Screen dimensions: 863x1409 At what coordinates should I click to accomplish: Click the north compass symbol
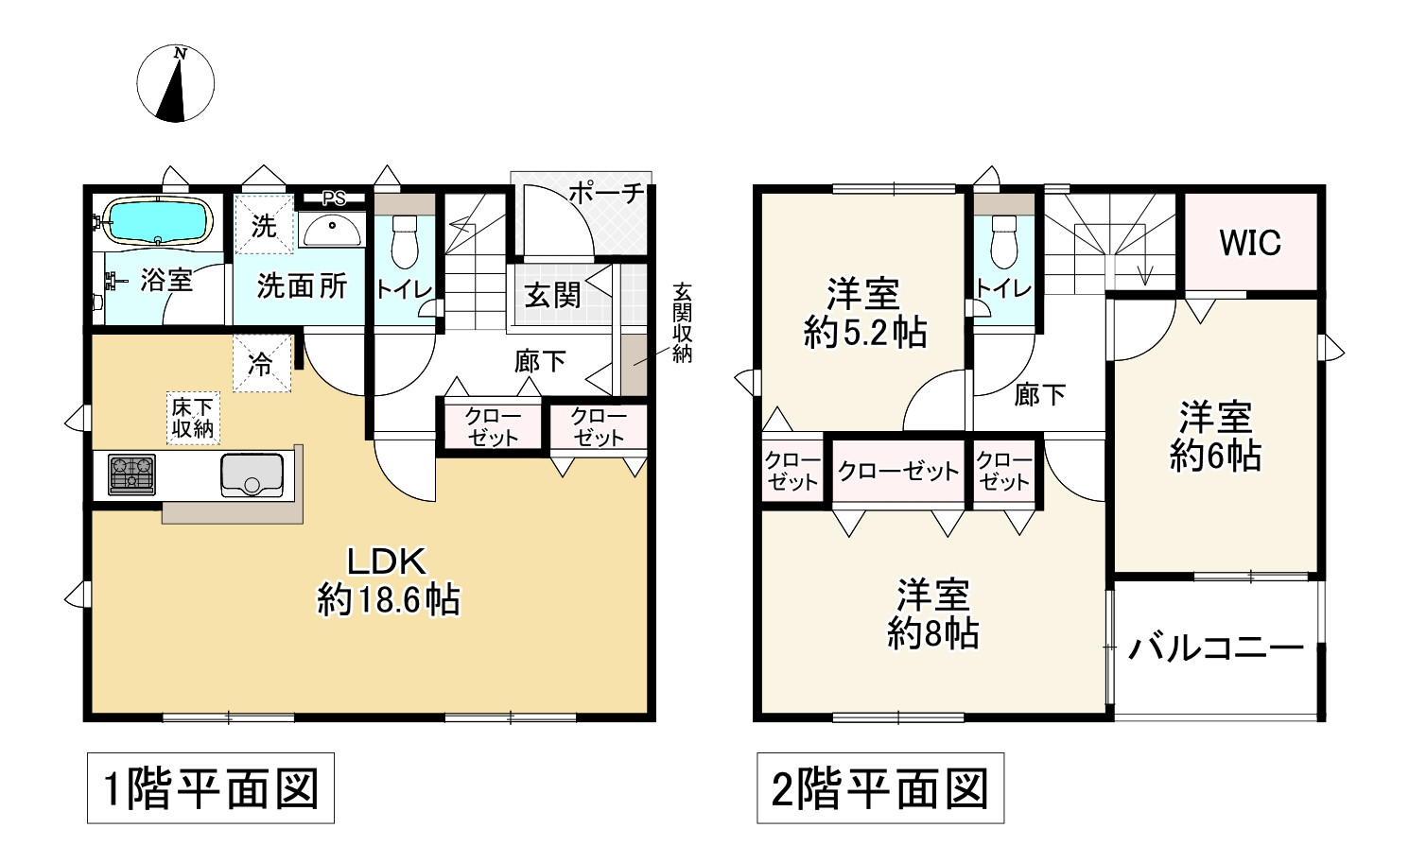click(176, 84)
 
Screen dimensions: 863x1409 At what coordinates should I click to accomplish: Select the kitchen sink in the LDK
click(252, 475)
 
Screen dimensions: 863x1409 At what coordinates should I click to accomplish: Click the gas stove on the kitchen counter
click(131, 475)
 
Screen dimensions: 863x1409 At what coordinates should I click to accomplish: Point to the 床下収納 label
click(193, 418)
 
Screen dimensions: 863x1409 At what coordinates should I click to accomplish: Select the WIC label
click(1250, 243)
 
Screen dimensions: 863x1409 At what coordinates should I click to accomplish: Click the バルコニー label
click(1216, 648)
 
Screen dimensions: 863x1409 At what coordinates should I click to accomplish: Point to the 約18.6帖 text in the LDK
click(389, 599)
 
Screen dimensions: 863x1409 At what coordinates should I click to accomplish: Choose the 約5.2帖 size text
click(864, 333)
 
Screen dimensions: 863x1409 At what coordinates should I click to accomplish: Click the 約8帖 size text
click(932, 633)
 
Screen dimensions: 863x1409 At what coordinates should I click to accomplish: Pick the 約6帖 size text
click(1215, 457)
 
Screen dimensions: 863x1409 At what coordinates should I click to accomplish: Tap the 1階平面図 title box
click(211, 788)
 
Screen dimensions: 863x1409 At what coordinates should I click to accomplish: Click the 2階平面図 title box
click(880, 788)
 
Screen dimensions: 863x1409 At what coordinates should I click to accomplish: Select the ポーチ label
click(606, 194)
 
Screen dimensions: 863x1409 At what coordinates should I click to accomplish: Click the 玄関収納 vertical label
click(682, 322)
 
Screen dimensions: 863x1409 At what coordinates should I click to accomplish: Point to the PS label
click(333, 198)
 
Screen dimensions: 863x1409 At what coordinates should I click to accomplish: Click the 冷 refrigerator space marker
click(261, 365)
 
